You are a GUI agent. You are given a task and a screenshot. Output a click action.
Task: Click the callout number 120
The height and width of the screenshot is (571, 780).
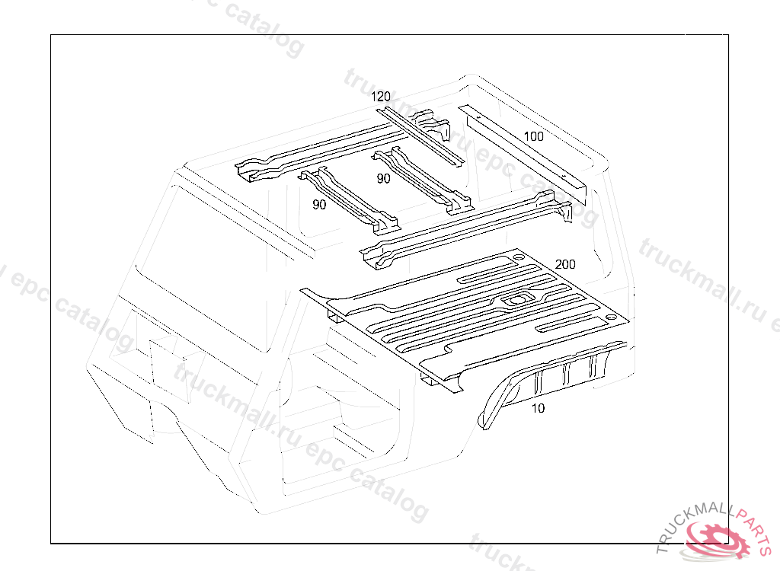pyautogui.click(x=381, y=97)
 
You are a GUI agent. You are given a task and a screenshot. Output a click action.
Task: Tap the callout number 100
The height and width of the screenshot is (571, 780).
pyautogui.click(x=534, y=136)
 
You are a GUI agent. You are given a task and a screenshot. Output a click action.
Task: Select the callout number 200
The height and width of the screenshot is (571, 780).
pyautogui.click(x=565, y=264)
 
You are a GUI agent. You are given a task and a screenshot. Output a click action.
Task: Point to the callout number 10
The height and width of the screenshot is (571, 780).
pyautogui.click(x=538, y=408)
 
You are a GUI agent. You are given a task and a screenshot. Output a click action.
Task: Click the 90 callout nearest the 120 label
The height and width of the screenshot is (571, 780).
pyautogui.click(x=383, y=179)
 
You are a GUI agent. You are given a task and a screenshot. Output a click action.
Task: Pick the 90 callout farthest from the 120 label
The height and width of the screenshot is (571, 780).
pyautogui.click(x=319, y=205)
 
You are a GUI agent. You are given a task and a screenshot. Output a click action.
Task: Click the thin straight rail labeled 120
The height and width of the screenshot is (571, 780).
pyautogui.click(x=420, y=137)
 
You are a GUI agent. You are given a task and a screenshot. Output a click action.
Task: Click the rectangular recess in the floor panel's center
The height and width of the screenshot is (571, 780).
pyautogui.click(x=516, y=299)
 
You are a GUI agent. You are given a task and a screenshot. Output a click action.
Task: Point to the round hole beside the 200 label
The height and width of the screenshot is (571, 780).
pyautogui.click(x=518, y=257)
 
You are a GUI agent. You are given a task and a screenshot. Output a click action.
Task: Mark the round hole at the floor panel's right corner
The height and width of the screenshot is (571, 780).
pyautogui.click(x=610, y=317)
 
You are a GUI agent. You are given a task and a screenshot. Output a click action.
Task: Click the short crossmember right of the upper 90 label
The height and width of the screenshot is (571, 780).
pyautogui.click(x=422, y=181)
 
